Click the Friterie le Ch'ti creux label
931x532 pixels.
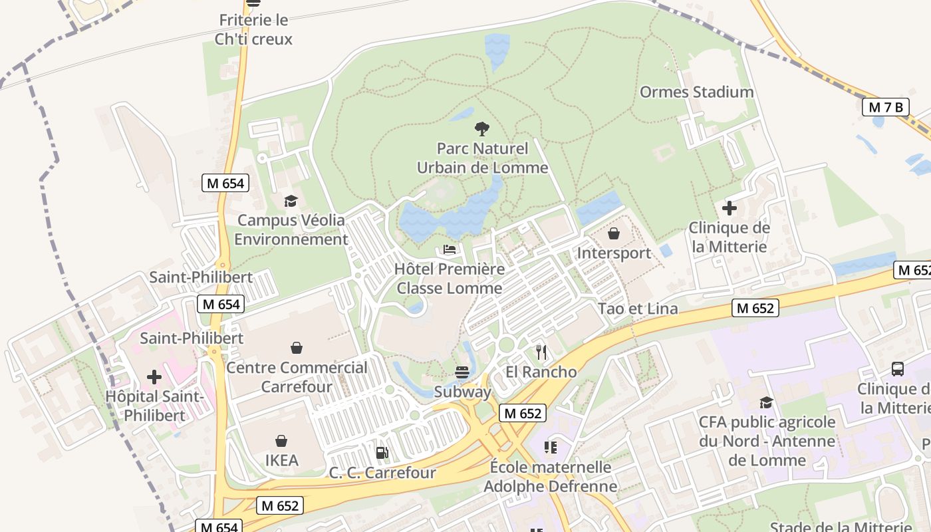[253, 30]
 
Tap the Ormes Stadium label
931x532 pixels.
[696, 92]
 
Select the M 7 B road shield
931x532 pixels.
[885, 107]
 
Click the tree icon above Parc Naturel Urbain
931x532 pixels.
[482, 129]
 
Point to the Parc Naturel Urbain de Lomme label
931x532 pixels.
[482, 158]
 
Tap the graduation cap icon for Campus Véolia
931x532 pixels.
[291, 201]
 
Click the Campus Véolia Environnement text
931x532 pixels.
[291, 229]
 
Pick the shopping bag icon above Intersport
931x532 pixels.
[614, 234]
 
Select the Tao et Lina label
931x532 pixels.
[638, 309]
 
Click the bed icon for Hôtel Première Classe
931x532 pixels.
[450, 249]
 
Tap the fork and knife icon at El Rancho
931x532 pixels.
[541, 352]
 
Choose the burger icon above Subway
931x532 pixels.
[462, 372]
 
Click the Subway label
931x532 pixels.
[462, 392]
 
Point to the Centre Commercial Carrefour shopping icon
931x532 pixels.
[297, 348]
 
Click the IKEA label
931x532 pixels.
[282, 460]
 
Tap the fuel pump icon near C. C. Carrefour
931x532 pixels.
[382, 453]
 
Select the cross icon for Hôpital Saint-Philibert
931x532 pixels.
[154, 377]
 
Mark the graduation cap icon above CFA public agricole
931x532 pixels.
[766, 402]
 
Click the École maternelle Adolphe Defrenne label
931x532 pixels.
[550, 477]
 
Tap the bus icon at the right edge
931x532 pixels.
[897, 369]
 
